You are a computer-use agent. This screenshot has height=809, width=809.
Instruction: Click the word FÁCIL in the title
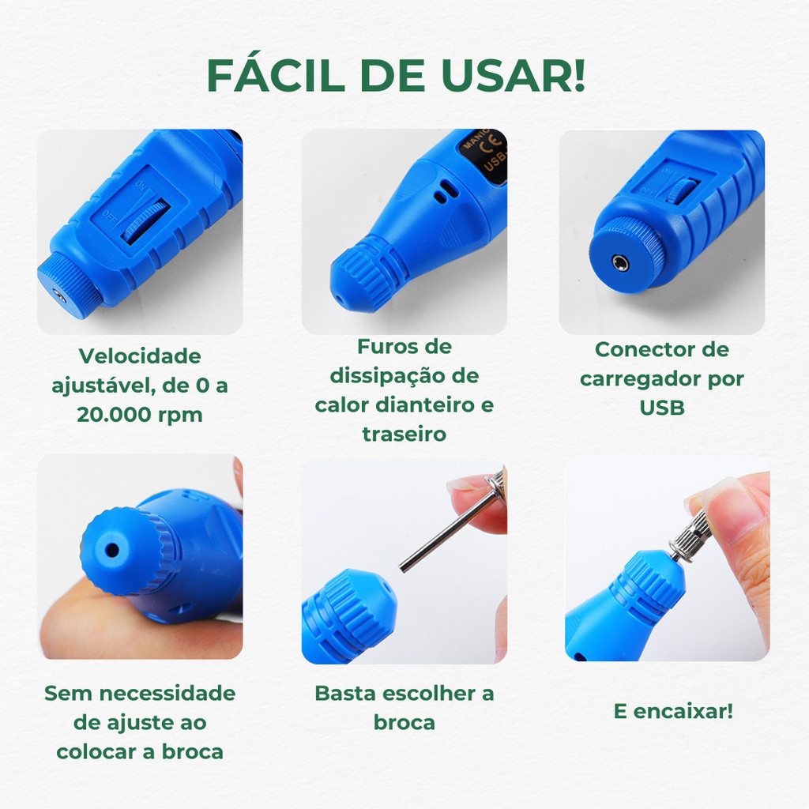pos(276,75)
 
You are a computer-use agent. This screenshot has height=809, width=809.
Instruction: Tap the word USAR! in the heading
pos(514,75)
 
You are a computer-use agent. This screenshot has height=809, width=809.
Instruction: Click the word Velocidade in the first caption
pos(140,356)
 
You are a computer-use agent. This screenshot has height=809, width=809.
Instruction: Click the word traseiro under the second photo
pos(404,434)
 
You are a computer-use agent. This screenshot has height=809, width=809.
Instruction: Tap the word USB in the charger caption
pos(662,408)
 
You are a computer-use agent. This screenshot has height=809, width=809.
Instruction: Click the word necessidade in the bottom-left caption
pos(167,693)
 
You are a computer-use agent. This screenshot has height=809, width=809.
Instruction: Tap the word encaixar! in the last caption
pos(683,711)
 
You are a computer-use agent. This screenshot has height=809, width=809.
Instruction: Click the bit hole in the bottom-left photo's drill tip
pos(112,551)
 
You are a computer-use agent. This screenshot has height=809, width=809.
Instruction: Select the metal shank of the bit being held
pos(445,536)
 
